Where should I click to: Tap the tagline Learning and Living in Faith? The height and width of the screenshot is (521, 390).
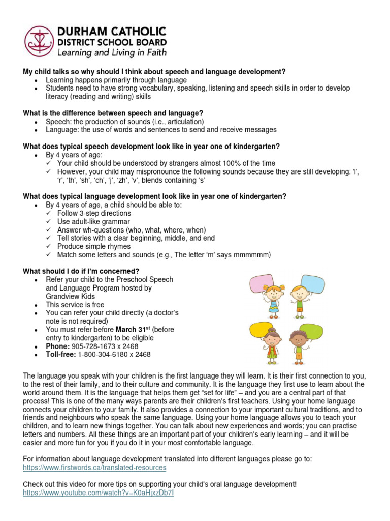[x=111, y=52]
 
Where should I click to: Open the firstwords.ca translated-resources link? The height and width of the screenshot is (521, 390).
[x=94, y=467]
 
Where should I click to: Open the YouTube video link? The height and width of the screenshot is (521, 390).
[x=98, y=494]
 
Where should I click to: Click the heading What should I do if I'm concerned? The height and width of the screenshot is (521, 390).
[x=81, y=271]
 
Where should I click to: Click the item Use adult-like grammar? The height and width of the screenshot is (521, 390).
[x=93, y=221]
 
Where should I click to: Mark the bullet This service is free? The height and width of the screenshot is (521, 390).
[x=75, y=304]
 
